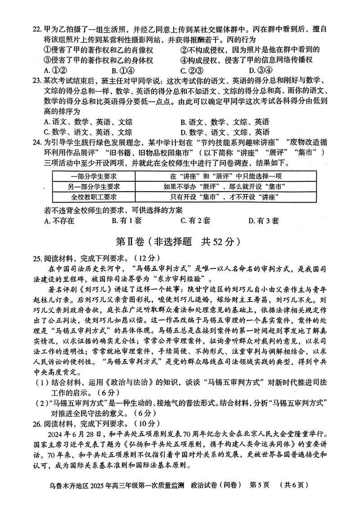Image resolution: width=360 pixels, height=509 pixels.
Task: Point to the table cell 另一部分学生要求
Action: coord(94,186)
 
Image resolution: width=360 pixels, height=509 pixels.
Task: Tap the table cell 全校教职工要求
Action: coord(94,197)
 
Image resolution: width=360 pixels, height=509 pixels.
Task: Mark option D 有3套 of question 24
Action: coord(263,221)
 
